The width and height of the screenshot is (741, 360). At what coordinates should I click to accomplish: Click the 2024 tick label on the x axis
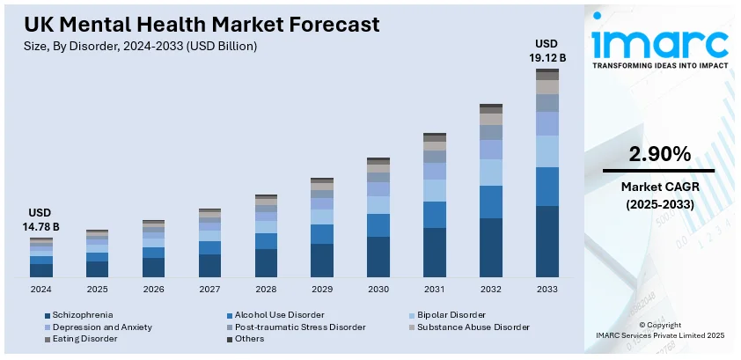(x=40, y=289)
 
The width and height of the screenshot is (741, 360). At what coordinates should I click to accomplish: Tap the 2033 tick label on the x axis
(x=547, y=289)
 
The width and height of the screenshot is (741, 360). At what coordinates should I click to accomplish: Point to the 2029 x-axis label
(x=322, y=289)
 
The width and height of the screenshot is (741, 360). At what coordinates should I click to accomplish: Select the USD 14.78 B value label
(x=41, y=220)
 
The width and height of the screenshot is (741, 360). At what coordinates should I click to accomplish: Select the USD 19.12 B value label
(x=547, y=51)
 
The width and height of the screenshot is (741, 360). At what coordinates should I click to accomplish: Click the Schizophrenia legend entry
(x=82, y=314)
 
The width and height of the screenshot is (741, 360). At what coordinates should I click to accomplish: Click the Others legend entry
(x=249, y=338)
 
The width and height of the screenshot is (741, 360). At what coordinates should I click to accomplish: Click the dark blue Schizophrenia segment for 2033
(x=547, y=241)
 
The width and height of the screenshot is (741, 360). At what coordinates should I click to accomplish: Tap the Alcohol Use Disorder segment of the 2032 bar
(x=491, y=202)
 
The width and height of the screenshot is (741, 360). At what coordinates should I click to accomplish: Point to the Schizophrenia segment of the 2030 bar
(x=378, y=257)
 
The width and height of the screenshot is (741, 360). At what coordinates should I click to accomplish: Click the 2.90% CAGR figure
(x=658, y=154)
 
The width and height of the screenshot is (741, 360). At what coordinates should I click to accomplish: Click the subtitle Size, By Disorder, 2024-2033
(x=141, y=47)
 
